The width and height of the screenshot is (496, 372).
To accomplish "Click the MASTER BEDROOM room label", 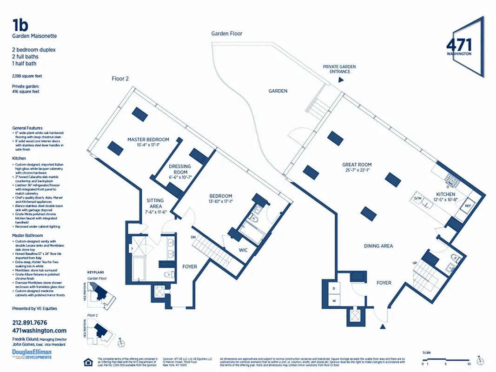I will [148, 139].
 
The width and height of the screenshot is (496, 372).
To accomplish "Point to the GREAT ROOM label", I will [357, 165].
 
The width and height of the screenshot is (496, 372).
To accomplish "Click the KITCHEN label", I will [445, 194].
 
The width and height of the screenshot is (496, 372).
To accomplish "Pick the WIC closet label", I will [243, 250].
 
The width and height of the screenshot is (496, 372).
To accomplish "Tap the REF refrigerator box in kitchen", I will [468, 205].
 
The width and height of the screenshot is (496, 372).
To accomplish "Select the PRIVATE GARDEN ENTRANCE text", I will [339, 69].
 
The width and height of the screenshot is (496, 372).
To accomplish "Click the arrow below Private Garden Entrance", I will [341, 80].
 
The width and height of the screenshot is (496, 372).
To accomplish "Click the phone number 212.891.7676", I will [29, 322].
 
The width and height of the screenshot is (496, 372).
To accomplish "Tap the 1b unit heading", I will [21, 25].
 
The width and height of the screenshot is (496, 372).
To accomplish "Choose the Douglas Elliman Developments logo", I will [32, 355].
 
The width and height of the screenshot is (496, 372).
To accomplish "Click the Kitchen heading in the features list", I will [19, 159].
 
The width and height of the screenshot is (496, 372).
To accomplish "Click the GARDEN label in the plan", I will [278, 91].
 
